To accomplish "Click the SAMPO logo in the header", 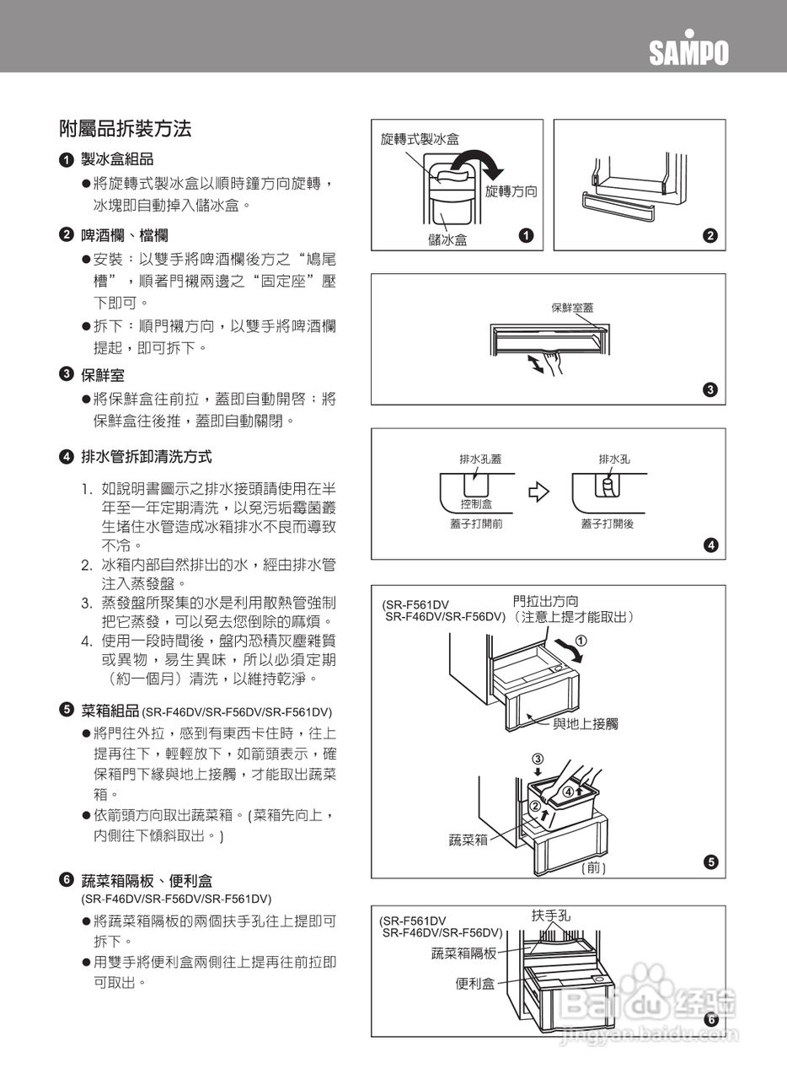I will [x=688, y=52].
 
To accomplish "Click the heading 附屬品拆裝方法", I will [x=125, y=129].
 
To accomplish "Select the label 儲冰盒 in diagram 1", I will [x=447, y=239].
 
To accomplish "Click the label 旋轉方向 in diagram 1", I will [x=511, y=191].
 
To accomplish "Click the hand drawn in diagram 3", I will [x=552, y=362].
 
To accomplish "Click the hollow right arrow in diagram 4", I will [x=538, y=491].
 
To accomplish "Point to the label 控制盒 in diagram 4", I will [x=475, y=504].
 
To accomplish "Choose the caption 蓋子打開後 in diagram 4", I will [x=607, y=523].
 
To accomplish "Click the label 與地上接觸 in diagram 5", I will [x=585, y=723].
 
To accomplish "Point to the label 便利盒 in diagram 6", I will [x=474, y=984].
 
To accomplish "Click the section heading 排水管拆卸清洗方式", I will [x=146, y=457].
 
